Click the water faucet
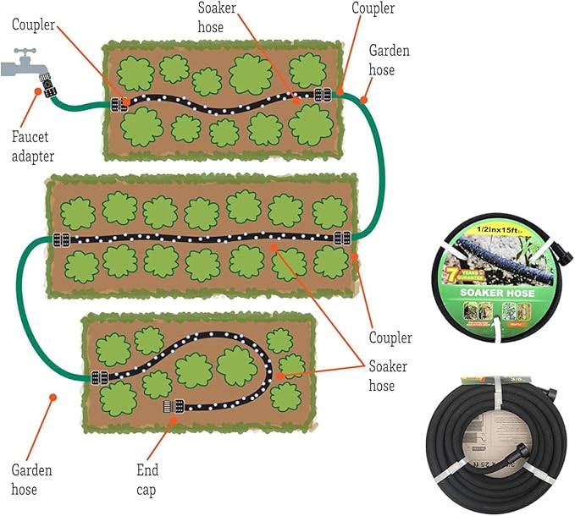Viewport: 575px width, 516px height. [x=20, y=63]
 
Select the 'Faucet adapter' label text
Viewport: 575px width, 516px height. [x=33, y=145]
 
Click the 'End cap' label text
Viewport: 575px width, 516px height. [x=147, y=479]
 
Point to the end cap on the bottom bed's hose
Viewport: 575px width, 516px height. [x=169, y=407]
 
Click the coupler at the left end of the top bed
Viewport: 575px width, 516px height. [x=119, y=105]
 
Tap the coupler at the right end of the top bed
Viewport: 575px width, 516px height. [x=322, y=94]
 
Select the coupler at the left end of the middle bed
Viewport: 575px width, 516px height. [x=60, y=239]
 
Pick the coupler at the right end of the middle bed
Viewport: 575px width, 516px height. [x=342, y=238]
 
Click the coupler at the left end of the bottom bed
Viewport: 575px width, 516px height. [x=99, y=377]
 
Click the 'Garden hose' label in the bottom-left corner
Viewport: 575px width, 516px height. [x=31, y=479]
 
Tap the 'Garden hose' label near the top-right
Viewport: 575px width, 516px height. [x=389, y=60]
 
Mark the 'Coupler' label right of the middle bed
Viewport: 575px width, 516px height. [x=390, y=338]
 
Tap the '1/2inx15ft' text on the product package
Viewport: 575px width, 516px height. [x=495, y=229]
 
